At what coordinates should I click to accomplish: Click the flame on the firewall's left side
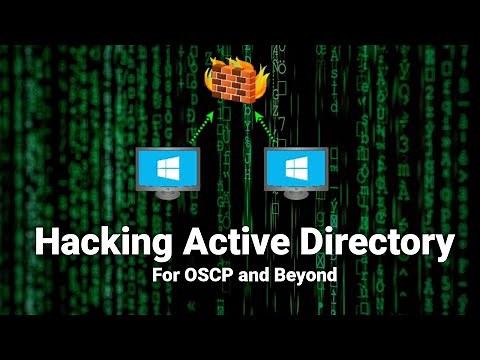[x=206, y=75]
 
